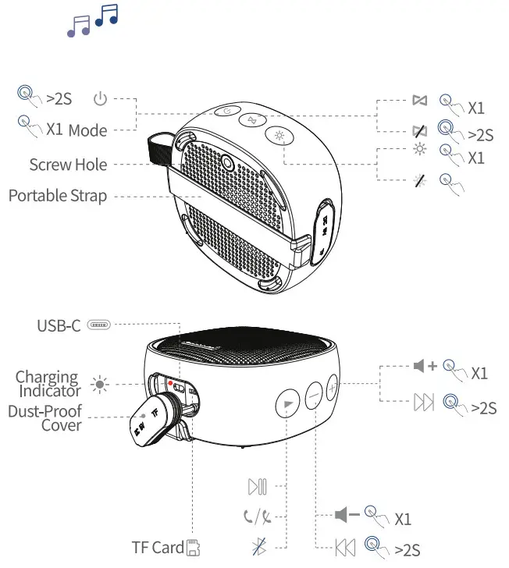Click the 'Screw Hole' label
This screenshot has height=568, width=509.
[x=68, y=165]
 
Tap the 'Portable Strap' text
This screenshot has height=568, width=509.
[x=58, y=195]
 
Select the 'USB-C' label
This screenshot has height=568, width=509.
[x=59, y=325]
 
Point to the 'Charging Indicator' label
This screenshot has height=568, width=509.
[x=48, y=384]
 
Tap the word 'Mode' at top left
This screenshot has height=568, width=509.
[x=87, y=130]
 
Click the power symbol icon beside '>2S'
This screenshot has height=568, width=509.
[x=99, y=99]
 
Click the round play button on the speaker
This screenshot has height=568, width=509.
[x=287, y=403]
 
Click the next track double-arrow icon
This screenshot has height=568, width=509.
[x=422, y=403]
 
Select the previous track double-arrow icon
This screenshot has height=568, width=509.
[x=345, y=548]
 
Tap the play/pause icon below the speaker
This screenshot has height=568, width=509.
[x=258, y=488]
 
